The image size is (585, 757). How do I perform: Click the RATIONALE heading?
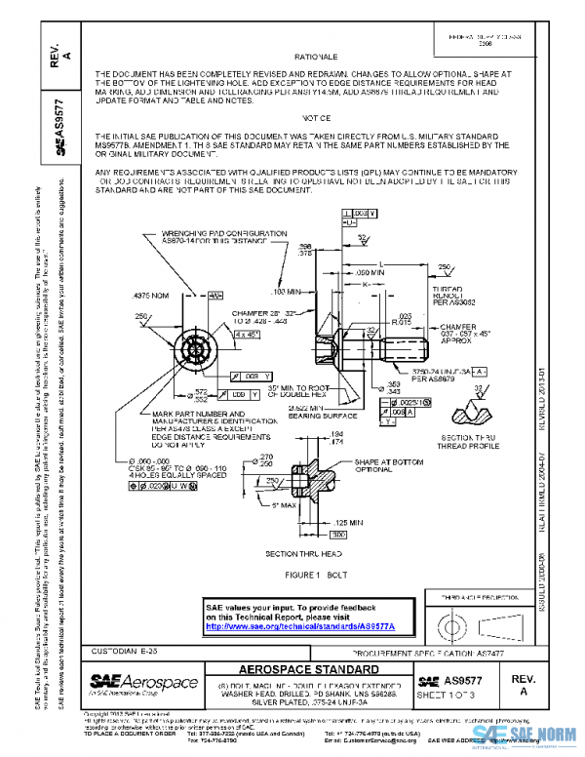316,58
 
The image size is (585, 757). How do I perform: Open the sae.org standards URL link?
291,626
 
